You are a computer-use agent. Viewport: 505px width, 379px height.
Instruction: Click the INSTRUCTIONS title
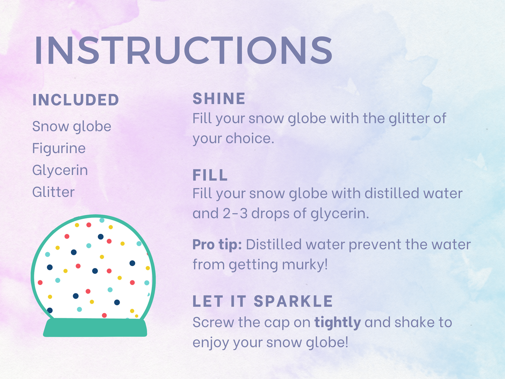tap(183, 50)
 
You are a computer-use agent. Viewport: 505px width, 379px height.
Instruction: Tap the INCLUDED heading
tap(76, 100)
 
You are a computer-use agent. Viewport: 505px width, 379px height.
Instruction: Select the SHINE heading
tap(219, 99)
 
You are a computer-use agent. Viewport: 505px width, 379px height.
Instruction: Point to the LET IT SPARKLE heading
tap(262, 301)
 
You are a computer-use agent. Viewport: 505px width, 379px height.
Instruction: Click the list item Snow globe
tap(72, 126)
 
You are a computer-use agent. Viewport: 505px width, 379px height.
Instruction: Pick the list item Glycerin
tap(60, 170)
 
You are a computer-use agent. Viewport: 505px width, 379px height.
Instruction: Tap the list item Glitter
tap(53, 192)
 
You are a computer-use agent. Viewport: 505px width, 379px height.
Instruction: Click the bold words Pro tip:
tap(217, 244)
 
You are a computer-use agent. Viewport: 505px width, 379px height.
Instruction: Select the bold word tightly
tap(338, 322)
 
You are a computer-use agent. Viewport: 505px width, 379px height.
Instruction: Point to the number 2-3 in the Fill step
tap(235, 213)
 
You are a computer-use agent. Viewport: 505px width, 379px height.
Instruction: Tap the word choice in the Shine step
tap(250, 138)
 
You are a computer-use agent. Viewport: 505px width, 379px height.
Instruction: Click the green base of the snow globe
tap(95, 327)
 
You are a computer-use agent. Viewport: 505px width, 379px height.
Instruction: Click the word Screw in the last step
tap(213, 322)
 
